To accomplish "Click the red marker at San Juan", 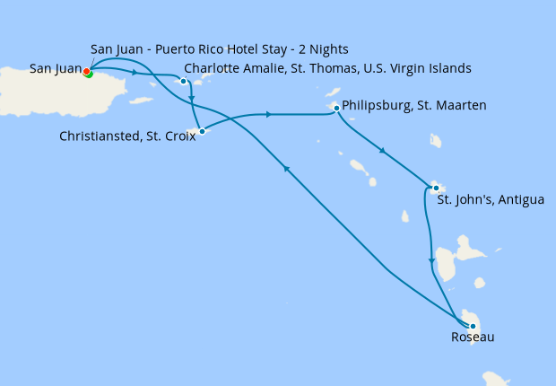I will click(86, 71).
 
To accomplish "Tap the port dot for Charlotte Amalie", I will click(183, 82).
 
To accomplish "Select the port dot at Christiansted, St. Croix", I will click(202, 132).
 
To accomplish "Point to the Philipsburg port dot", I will click(335, 109).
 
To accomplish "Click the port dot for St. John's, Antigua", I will click(435, 188).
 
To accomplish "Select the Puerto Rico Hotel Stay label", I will click(220, 48).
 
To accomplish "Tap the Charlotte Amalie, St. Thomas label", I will click(327, 68).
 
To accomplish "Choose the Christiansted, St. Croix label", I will click(127, 137).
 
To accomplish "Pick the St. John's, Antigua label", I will click(490, 199).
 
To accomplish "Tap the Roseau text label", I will click(473, 338).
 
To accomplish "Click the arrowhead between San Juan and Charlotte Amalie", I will click(135, 72).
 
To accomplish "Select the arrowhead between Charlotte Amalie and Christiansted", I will click(193, 112).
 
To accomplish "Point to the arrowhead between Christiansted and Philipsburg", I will click(268, 114).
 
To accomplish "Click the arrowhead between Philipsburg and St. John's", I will click(383, 150).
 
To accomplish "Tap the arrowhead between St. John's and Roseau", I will click(432, 260).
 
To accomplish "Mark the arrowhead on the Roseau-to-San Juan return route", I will click(286, 168).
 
